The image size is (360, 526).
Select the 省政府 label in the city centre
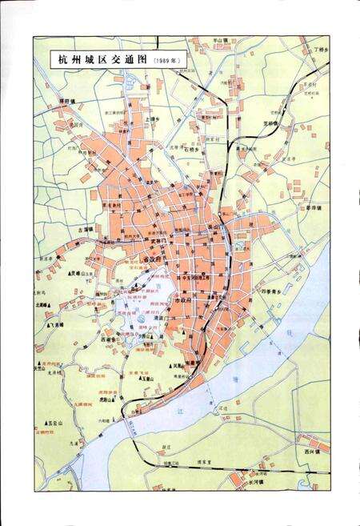point(152,259)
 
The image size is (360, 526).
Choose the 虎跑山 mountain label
point(108,398)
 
